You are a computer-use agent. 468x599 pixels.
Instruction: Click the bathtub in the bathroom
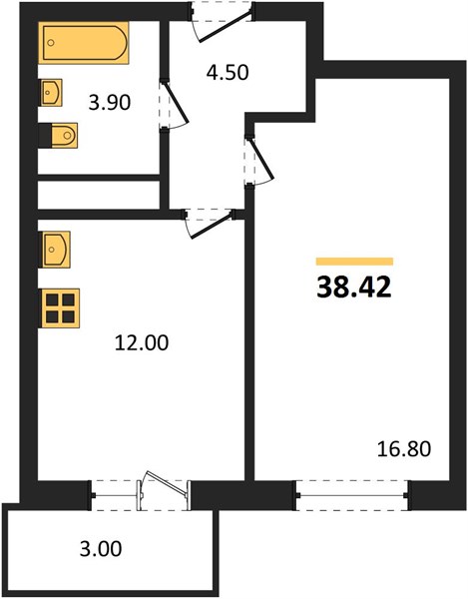point(83,42)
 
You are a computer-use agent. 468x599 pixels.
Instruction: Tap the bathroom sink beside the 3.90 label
point(51,93)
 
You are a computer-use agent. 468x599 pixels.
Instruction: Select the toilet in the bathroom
point(58,135)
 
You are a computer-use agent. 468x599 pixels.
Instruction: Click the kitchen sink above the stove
point(55,250)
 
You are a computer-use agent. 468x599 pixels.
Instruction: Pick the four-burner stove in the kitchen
point(60,308)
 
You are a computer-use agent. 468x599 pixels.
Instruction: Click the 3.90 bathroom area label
point(110,103)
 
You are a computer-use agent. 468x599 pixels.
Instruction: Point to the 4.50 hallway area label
point(228,72)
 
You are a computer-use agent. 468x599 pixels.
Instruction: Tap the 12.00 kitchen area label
point(142,342)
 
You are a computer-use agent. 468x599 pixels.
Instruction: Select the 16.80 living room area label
point(404,449)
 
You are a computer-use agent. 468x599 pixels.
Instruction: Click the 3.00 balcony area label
point(101,548)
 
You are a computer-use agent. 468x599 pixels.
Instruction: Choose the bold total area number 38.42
point(354,288)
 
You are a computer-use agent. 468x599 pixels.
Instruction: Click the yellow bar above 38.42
point(354,262)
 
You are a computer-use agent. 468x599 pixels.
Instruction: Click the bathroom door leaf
point(176,103)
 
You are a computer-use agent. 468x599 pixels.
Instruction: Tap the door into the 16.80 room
point(261,159)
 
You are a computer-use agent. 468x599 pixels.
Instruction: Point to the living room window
point(351,495)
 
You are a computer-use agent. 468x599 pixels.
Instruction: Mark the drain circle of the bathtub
point(51,43)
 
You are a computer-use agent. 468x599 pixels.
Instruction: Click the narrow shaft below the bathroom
point(99,195)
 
